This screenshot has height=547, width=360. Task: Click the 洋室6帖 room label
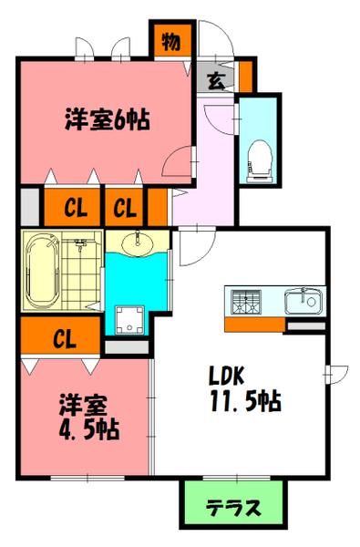[x=108, y=119]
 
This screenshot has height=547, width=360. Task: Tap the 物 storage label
[x=170, y=40]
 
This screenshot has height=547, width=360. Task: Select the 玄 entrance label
[x=212, y=80]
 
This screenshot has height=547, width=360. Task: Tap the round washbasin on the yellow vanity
[x=139, y=243]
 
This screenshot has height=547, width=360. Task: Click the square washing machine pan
[x=128, y=318]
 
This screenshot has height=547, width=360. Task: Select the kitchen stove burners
[x=247, y=300]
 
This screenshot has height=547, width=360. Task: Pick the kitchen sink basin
[x=301, y=300]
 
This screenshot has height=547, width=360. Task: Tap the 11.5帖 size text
[x=240, y=400]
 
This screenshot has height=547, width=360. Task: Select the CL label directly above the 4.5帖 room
[x=62, y=341]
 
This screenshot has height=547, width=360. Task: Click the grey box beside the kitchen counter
[x=305, y=324]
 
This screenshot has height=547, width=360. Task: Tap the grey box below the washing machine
[x=128, y=347]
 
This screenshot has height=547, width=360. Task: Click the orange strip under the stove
[x=254, y=324]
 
